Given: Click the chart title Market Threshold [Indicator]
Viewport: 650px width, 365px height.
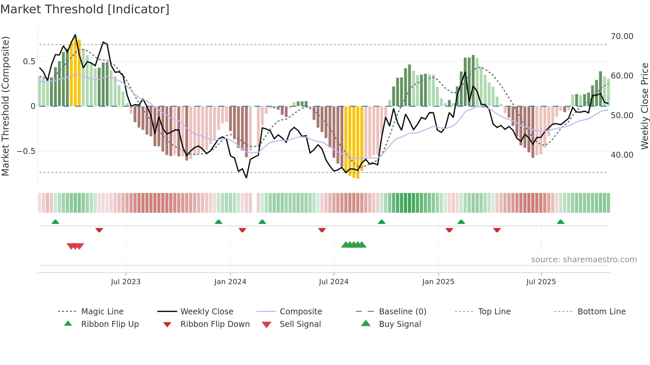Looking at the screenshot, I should point(85,9).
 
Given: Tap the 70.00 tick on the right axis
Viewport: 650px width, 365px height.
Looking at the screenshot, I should point(622,36).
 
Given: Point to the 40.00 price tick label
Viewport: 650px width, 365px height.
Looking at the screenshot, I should point(622,155).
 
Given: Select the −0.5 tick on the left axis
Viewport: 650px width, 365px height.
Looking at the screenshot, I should point(26,151).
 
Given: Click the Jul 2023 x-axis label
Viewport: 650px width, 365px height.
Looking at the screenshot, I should point(126,282).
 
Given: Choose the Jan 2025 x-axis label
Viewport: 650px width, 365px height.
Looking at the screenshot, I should point(438,282).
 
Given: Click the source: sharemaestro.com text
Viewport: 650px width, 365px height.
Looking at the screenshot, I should point(584,260).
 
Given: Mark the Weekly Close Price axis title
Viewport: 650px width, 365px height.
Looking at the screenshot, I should point(644,106).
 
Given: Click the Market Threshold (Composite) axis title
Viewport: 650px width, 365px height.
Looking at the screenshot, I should point(5,106).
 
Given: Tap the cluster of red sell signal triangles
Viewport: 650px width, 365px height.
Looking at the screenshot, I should point(75,246).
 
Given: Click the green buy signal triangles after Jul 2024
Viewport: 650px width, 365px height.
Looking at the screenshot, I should point(354,245).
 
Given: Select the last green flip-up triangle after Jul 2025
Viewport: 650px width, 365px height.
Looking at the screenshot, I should point(560,222).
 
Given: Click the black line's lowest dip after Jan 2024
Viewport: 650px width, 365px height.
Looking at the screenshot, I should point(246,178).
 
